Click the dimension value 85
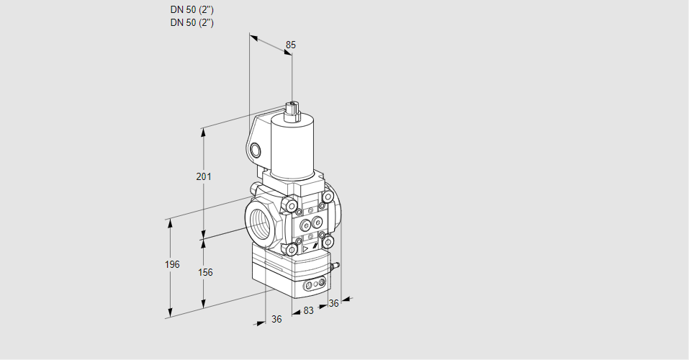[x=290, y=45]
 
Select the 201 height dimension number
[x=204, y=176]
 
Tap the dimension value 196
[x=172, y=264]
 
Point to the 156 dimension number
[x=205, y=273]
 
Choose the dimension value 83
[x=308, y=311]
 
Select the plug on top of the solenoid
[x=292, y=112]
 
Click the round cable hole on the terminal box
[x=256, y=150]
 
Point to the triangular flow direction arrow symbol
[x=306, y=249]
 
